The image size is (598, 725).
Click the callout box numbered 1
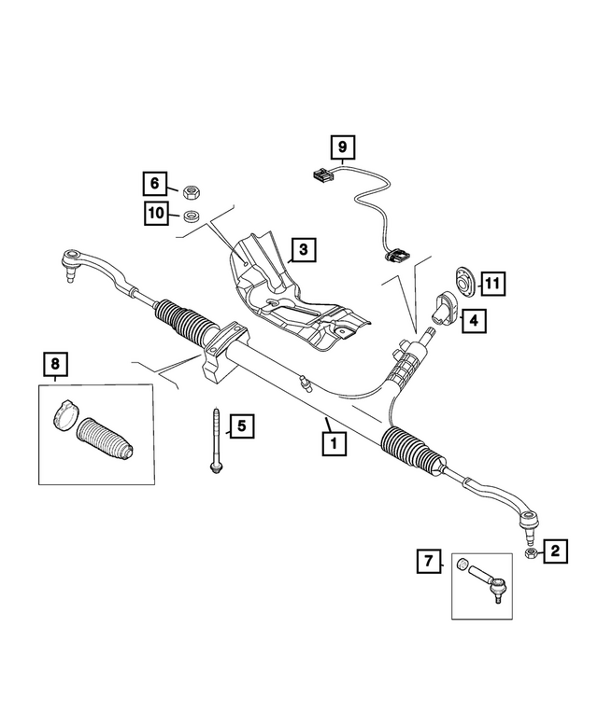point(332,445)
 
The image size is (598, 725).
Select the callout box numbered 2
point(554,551)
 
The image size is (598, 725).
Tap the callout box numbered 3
point(303,250)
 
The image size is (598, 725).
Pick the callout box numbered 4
point(472,321)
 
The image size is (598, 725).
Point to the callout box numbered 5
point(240,427)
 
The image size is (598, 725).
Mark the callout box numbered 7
point(429,561)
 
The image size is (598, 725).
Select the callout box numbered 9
point(342,146)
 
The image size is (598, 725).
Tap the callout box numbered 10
point(155,214)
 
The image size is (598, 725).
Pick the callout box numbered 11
point(492,282)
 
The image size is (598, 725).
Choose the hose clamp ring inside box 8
point(65,413)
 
